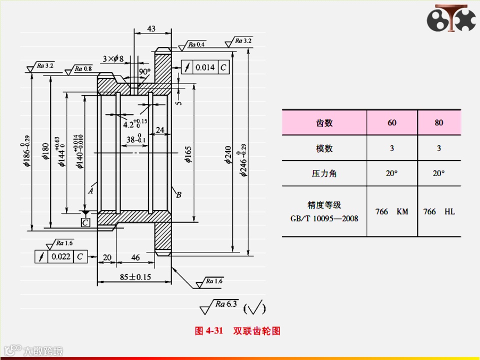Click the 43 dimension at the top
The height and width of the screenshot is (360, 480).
(x=151, y=29)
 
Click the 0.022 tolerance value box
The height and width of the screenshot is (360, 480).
(x=60, y=257)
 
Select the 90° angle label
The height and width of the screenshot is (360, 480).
(x=144, y=72)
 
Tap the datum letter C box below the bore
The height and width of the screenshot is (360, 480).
(x=85, y=222)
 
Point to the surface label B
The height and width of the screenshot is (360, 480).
(x=178, y=195)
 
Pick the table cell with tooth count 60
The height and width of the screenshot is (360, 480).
(x=391, y=122)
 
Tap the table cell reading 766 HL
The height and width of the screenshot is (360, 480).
(x=438, y=211)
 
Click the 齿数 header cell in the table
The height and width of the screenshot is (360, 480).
(x=324, y=122)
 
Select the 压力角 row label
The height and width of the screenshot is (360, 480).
(x=324, y=173)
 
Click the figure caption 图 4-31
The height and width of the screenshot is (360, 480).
(x=208, y=331)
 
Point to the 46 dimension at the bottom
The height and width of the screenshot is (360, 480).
(x=135, y=257)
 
